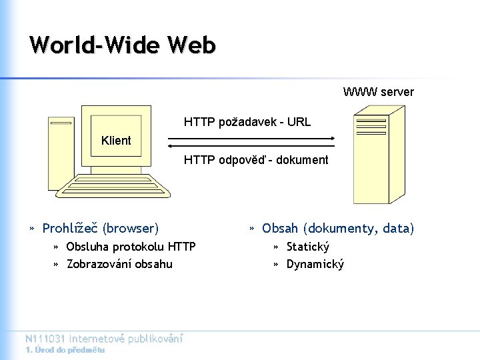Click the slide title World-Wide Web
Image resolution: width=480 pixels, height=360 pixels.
[x=123, y=45]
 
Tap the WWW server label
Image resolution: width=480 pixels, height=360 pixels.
[x=378, y=92]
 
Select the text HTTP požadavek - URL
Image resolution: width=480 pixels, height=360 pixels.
[x=247, y=123]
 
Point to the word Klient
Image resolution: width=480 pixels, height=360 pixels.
[x=116, y=141]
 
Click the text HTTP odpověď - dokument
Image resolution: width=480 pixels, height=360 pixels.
[x=256, y=160]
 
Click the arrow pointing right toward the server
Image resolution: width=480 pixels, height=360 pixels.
[x=251, y=139]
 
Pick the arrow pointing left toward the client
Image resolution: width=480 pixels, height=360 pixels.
[x=251, y=145]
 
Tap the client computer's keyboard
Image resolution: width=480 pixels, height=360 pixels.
[x=120, y=187]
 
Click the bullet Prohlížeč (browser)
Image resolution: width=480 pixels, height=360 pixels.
[x=100, y=229]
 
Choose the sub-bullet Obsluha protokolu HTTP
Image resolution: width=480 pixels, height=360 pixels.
[x=131, y=247]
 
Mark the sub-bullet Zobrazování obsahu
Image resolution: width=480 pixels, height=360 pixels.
[x=119, y=264]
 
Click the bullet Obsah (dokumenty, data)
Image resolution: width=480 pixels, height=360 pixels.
[x=338, y=229]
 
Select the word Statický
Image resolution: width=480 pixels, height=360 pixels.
[x=307, y=247]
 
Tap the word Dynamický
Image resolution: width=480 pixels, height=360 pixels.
[x=315, y=264]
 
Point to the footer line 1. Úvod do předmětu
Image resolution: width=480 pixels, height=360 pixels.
[x=65, y=350]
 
